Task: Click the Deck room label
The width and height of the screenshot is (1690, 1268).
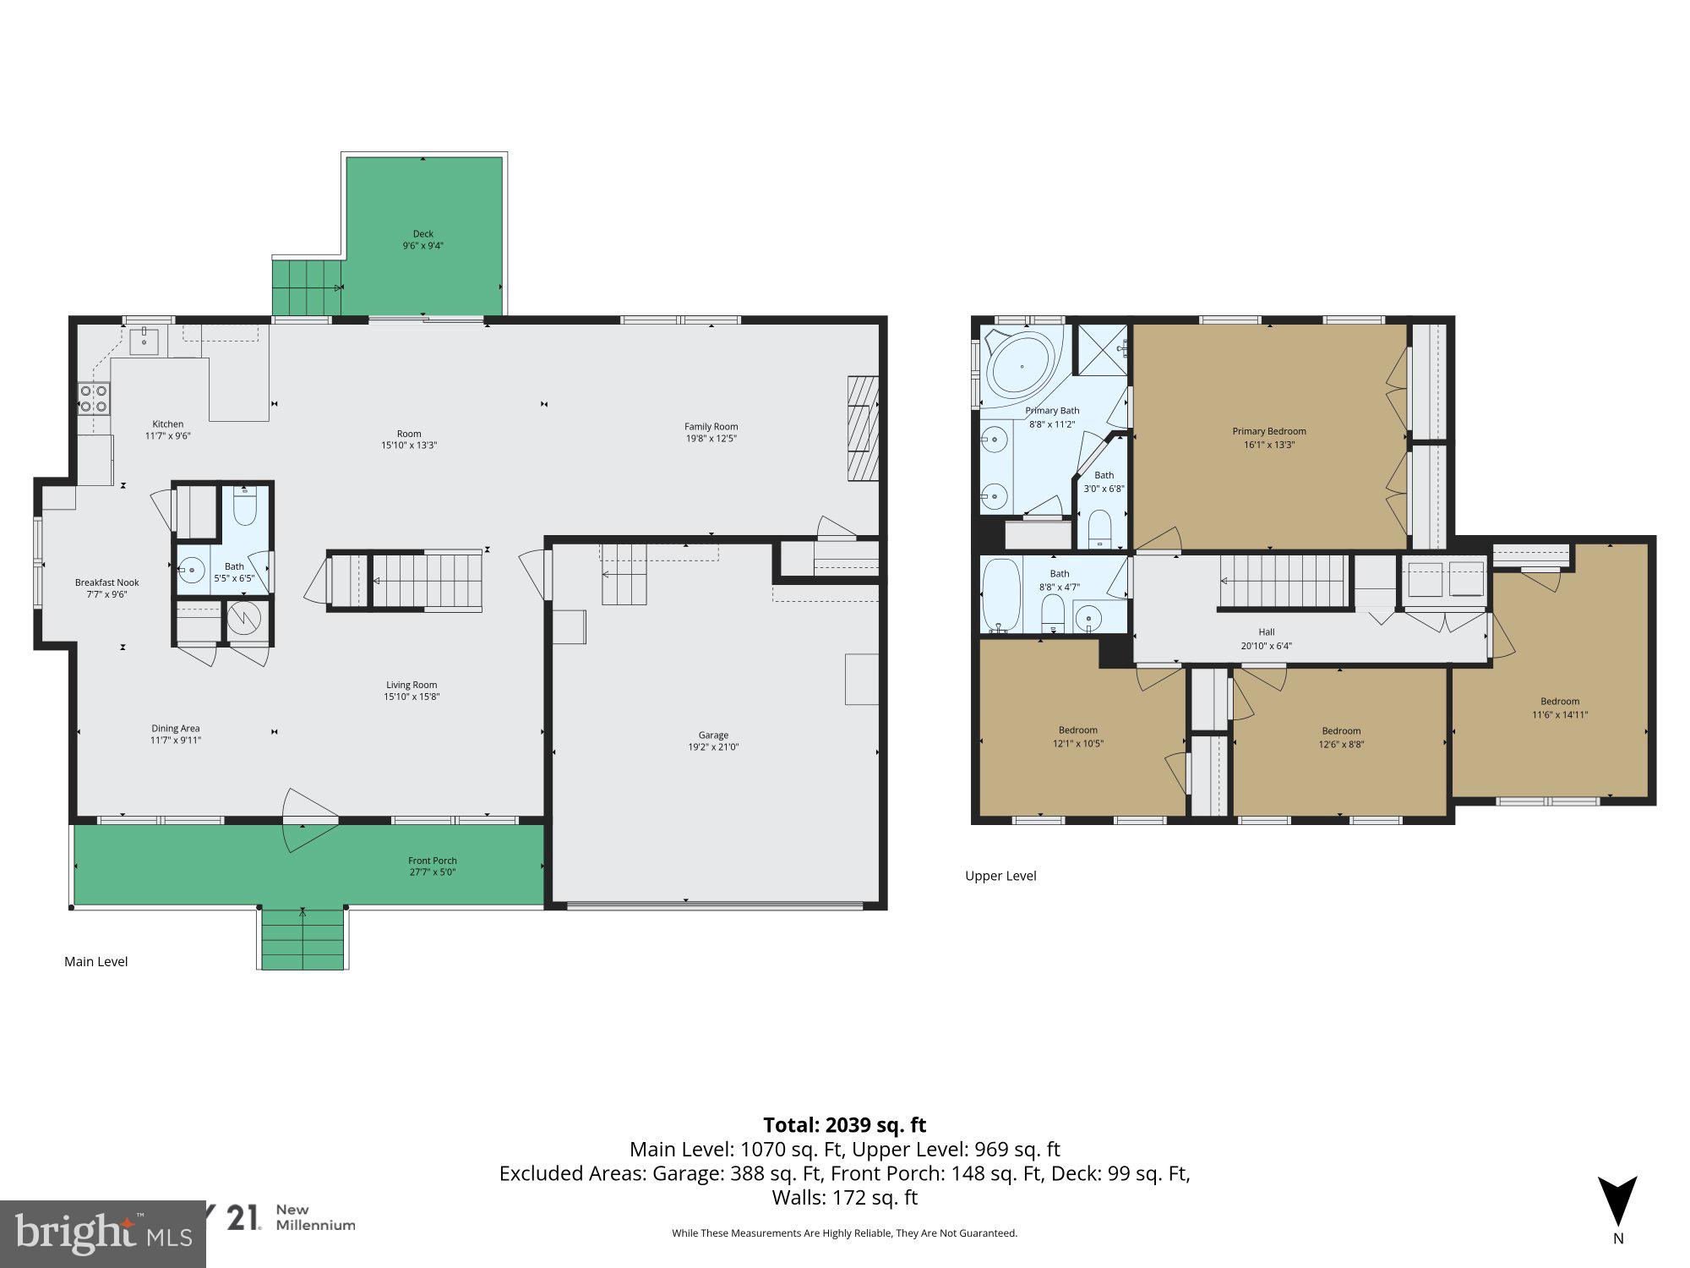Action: (x=423, y=234)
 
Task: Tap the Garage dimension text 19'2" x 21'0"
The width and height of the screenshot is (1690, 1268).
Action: (x=713, y=747)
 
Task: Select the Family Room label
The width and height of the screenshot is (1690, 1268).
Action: (x=711, y=427)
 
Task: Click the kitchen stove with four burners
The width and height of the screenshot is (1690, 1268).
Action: (x=94, y=398)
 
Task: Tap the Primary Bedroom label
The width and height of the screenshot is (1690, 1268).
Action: (x=1268, y=431)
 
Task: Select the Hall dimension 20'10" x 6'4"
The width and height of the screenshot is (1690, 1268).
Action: (x=1266, y=646)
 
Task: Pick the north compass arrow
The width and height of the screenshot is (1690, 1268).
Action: (x=1617, y=1201)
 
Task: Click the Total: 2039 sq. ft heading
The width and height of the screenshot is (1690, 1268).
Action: (x=844, y=1125)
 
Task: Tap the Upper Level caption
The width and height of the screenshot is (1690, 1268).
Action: (x=1000, y=876)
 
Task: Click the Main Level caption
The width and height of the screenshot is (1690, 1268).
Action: (x=96, y=961)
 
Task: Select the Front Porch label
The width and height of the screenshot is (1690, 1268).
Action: (x=432, y=861)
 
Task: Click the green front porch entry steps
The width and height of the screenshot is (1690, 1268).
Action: (x=303, y=938)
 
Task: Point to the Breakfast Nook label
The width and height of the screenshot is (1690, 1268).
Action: (x=106, y=582)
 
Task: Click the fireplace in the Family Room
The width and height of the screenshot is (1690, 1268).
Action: (x=863, y=429)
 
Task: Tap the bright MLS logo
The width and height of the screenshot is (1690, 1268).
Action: (x=102, y=1235)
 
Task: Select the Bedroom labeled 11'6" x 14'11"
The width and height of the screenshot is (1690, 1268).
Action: (x=1559, y=708)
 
